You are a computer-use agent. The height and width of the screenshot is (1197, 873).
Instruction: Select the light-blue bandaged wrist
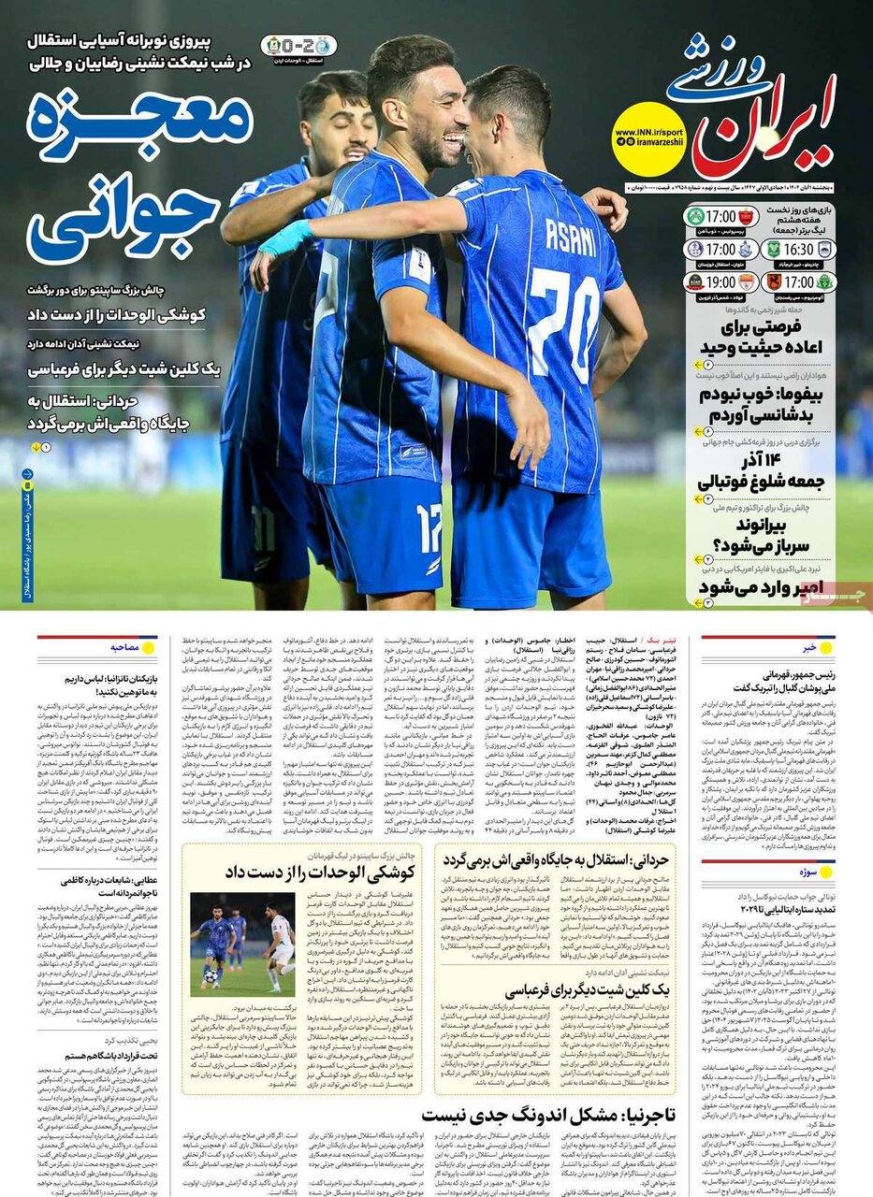(285, 238)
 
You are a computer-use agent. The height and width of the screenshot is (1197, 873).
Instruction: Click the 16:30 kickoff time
(799, 250)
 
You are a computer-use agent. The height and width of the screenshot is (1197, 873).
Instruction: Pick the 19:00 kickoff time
(721, 281)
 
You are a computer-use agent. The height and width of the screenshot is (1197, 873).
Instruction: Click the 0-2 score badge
(298, 45)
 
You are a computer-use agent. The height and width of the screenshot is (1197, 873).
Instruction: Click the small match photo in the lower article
(242, 944)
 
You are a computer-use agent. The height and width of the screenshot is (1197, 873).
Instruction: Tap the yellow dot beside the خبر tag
(827, 647)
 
